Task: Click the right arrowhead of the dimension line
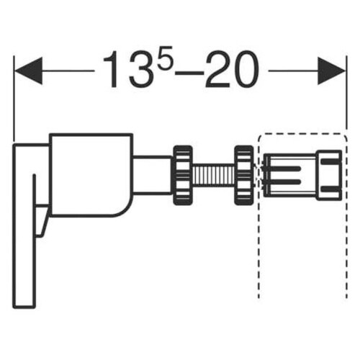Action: click(333, 71)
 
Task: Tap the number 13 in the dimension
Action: click(123, 70)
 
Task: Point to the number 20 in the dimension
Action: click(232, 70)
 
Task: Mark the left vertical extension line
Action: click(14, 108)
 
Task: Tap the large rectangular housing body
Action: click(90, 173)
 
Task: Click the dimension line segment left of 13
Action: click(68, 71)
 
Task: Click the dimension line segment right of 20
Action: click(295, 71)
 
